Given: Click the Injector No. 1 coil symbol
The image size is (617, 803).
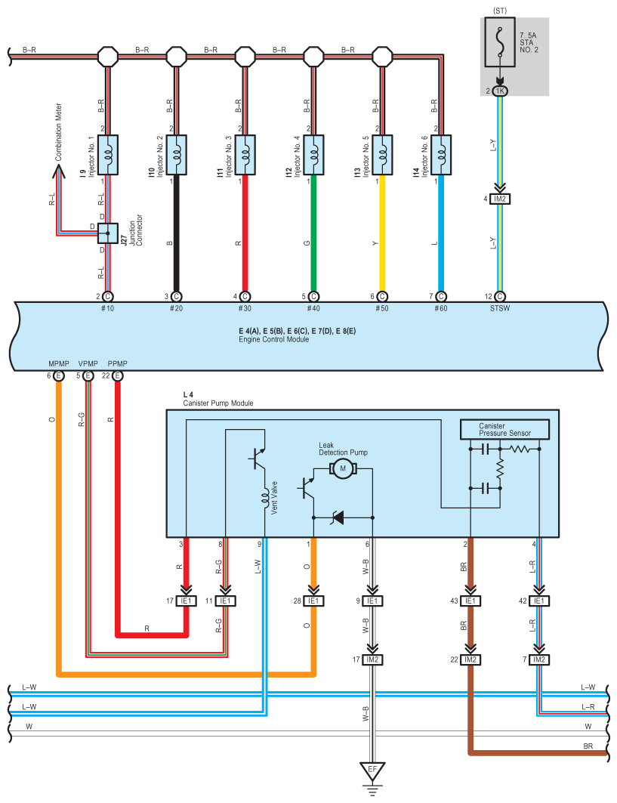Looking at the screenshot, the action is pyautogui.click(x=107, y=155).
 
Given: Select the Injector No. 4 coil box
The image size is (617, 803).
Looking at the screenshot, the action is pyautogui.click(x=313, y=155).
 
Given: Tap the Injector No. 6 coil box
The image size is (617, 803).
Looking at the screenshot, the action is pyautogui.click(x=441, y=155).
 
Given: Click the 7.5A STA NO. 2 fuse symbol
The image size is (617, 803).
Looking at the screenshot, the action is pyautogui.click(x=500, y=42).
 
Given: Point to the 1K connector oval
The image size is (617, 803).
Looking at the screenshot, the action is pyautogui.click(x=500, y=91).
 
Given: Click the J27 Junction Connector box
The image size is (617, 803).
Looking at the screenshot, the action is pyautogui.click(x=107, y=233).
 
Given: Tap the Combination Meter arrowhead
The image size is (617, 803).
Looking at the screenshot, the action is pyautogui.click(x=58, y=171).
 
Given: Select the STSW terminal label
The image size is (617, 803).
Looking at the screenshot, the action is pyautogui.click(x=500, y=308).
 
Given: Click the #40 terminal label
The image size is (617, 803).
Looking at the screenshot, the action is pyautogui.click(x=313, y=308).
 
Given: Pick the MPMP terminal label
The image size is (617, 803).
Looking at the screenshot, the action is pyautogui.click(x=59, y=363).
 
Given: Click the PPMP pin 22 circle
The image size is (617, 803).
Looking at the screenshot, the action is pyautogui.click(x=117, y=376).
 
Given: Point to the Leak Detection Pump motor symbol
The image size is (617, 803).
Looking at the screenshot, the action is pyautogui.click(x=343, y=468).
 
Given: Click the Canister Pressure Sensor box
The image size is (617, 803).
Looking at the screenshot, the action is pyautogui.click(x=505, y=429).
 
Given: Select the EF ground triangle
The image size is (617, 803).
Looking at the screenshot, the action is pyautogui.click(x=372, y=771).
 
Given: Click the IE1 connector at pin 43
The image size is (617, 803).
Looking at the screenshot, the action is pyautogui.click(x=470, y=601).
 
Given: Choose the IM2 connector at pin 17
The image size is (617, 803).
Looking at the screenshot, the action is pyautogui.click(x=372, y=659).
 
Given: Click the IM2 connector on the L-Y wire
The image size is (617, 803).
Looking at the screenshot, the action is pyautogui.click(x=500, y=199).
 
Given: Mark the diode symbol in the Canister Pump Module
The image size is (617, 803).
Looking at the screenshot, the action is pyautogui.click(x=338, y=517).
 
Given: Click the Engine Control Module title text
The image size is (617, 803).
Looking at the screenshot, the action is pyautogui.click(x=274, y=339).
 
